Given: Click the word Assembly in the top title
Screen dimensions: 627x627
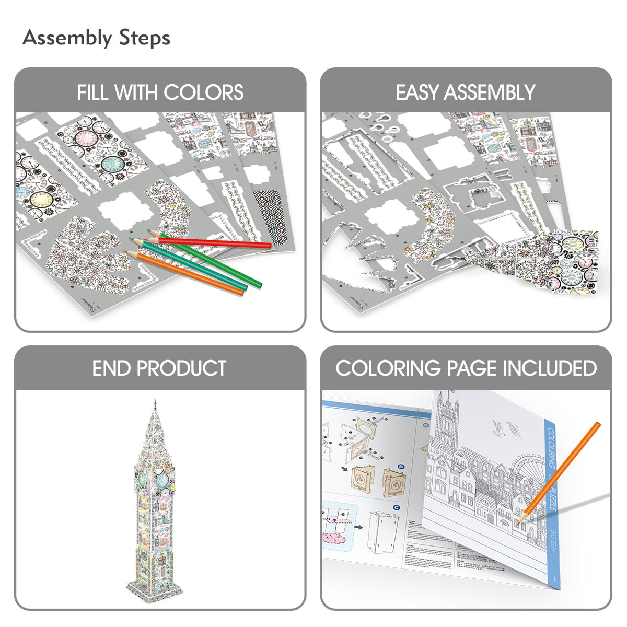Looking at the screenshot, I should pyautogui.click(x=67, y=39).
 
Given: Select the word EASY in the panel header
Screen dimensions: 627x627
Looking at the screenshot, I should pyautogui.click(x=417, y=92).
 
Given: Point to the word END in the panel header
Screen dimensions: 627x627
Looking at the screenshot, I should pyautogui.click(x=112, y=368).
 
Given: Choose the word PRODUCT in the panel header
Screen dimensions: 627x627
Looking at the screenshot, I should pyautogui.click(x=181, y=368).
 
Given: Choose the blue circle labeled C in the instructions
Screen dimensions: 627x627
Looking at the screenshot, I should pyautogui.click(x=397, y=507).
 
